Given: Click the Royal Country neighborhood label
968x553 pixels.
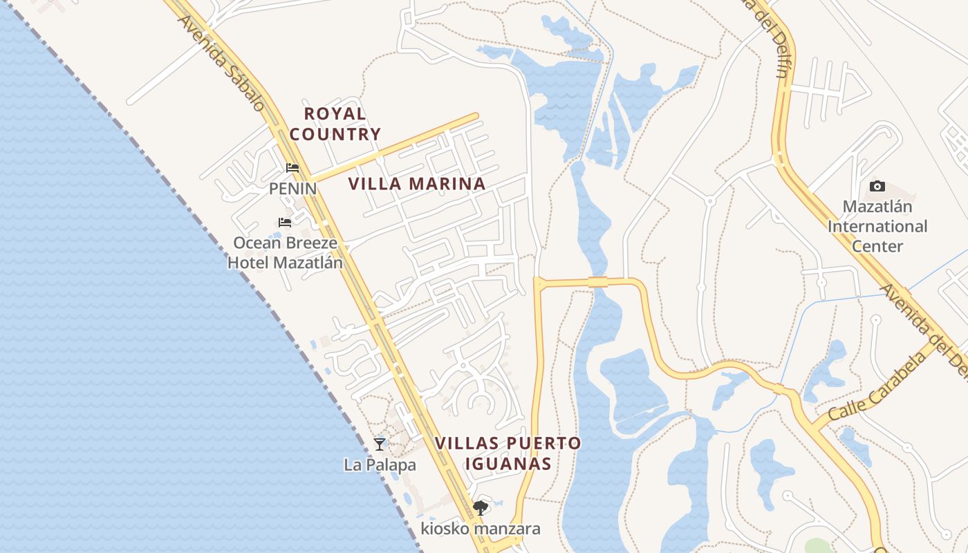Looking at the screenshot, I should point(335,124).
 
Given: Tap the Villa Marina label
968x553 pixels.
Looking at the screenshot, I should point(416,184).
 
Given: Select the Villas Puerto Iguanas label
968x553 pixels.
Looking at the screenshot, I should point(508,453).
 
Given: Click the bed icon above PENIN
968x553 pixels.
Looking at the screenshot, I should point(292,168).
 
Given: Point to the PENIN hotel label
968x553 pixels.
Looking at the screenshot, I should point(292,188).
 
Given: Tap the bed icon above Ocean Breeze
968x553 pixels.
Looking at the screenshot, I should point(284,223).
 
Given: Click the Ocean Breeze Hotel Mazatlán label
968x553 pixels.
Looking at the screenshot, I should point(285,253).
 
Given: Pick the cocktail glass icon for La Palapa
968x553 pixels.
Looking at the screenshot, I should point(380,444).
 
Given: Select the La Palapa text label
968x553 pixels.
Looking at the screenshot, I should point(380,465).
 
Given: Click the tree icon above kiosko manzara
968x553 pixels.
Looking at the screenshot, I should point(481,509).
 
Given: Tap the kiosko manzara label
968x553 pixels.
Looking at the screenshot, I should point(481,529).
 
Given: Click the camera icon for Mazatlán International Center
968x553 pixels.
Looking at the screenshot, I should point(877,186).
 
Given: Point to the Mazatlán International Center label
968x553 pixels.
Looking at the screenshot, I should point(877,226).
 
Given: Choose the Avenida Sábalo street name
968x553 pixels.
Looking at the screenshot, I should point(221,62).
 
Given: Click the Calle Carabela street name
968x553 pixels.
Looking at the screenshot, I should point(876,388).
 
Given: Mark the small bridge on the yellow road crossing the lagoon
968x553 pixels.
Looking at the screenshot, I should point(597,281).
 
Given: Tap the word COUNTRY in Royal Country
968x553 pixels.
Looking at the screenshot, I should point(335,134).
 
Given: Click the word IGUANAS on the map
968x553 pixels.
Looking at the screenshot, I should point(508,463).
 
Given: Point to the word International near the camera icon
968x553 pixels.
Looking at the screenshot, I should point(877,226).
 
